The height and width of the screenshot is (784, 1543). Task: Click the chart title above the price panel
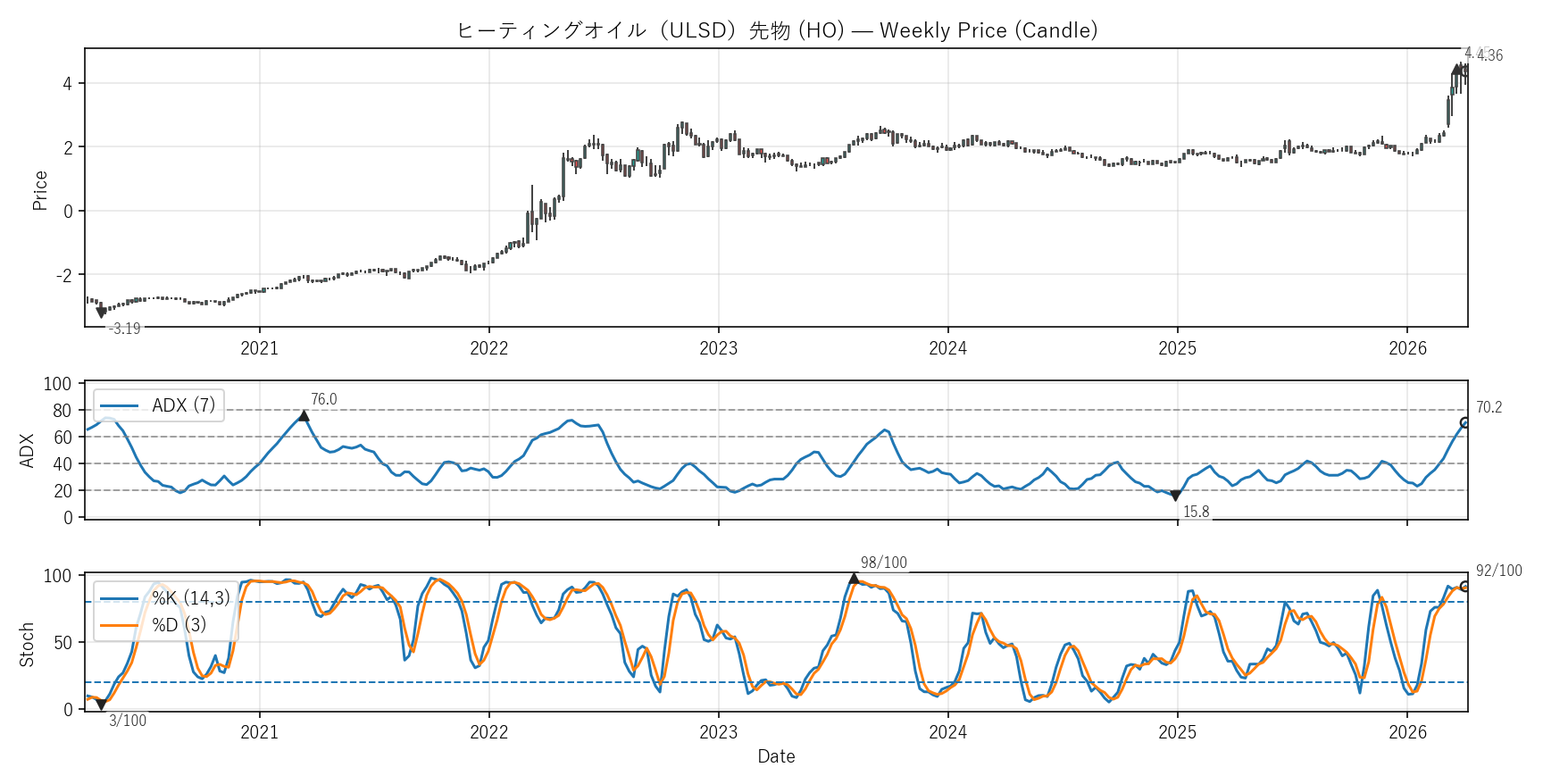pyautogui.click(x=777, y=30)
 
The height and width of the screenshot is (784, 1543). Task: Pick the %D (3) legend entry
pyautogui.click(x=179, y=625)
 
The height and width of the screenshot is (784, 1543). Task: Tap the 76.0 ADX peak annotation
pyautogui.click(x=324, y=400)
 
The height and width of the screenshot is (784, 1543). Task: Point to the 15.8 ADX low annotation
pyautogui.click(x=1196, y=512)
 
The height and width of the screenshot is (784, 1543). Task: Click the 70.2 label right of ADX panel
pyautogui.click(x=1489, y=408)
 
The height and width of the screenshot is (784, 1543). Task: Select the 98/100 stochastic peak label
pyautogui.click(x=883, y=563)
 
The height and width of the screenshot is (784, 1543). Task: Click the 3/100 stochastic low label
pyautogui.click(x=128, y=721)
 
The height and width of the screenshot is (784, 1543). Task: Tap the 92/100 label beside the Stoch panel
pyautogui.click(x=1498, y=571)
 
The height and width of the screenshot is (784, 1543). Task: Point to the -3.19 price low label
pyautogui.click(x=124, y=329)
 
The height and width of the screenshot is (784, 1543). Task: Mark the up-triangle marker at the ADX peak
pyautogui.click(x=304, y=415)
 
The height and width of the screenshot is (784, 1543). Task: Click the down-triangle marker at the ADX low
pyautogui.click(x=1175, y=496)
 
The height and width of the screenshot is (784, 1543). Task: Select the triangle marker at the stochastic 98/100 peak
pyautogui.click(x=854, y=579)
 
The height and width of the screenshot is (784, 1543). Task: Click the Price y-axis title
pyautogui.click(x=39, y=190)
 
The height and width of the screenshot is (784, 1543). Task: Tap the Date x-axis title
pyautogui.click(x=776, y=756)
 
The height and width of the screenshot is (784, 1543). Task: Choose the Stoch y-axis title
pyautogui.click(x=27, y=645)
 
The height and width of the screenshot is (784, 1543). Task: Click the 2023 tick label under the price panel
pyautogui.click(x=718, y=348)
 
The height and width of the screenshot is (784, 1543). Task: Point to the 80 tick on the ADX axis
pyautogui.click(x=62, y=411)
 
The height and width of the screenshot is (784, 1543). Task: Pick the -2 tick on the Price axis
pyautogui.click(x=64, y=275)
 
